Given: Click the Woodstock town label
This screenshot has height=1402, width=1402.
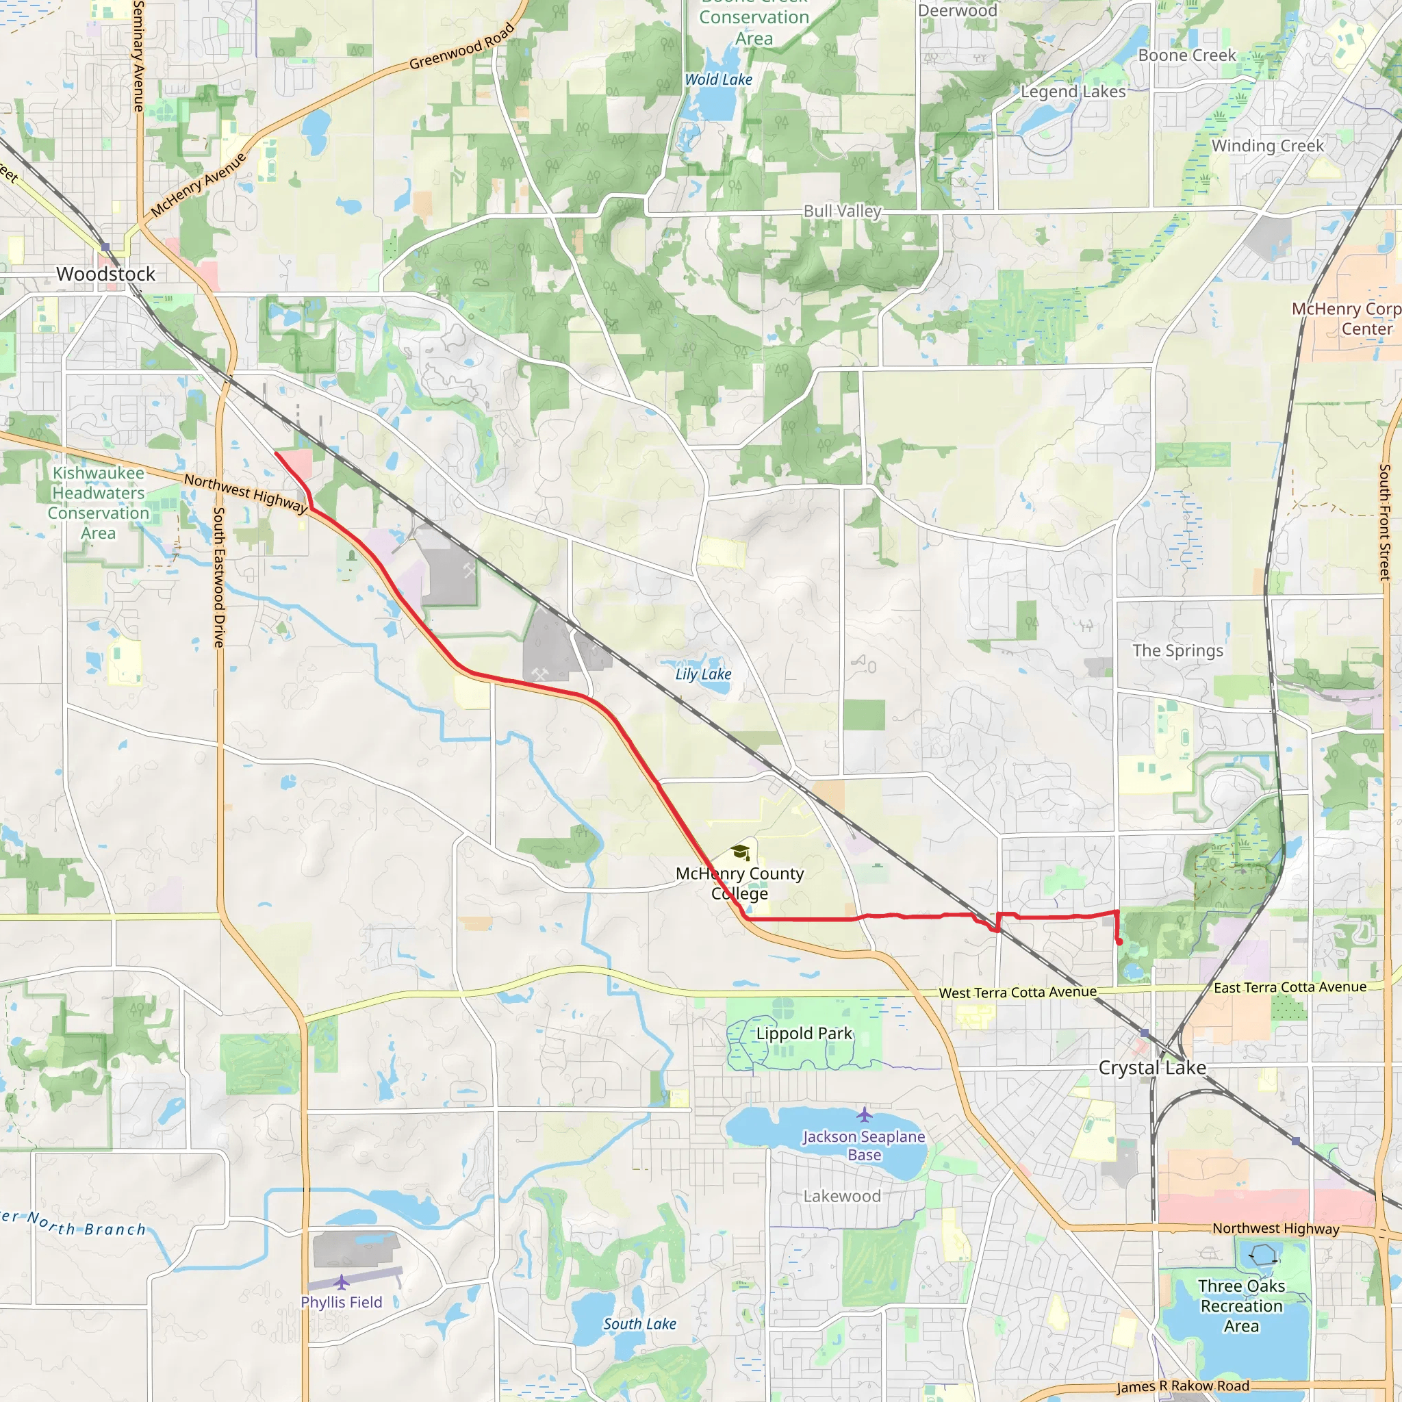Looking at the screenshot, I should [x=106, y=275].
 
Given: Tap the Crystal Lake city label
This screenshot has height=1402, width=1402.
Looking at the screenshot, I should [x=1151, y=1067].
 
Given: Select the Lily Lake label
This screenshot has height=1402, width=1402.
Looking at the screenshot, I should [x=702, y=674].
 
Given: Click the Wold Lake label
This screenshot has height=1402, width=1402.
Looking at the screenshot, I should [x=718, y=80].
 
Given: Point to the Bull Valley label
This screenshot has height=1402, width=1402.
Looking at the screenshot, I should [x=842, y=211].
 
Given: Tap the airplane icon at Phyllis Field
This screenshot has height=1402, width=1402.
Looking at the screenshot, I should [x=341, y=1282].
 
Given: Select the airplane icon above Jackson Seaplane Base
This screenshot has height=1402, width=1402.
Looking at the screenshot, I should [x=863, y=1113].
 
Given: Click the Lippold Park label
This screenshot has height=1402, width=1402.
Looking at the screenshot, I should [x=804, y=1033].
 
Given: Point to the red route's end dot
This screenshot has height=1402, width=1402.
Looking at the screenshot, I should [x=1120, y=942].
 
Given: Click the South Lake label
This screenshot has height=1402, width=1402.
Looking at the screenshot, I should [x=639, y=1324].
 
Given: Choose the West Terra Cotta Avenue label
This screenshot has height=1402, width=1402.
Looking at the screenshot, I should [x=1017, y=992].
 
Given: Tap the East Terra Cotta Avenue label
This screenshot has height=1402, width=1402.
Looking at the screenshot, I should [x=1290, y=987].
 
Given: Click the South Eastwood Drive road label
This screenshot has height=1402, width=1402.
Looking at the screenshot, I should [x=218, y=577].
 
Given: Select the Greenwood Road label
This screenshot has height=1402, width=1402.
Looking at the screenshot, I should [x=462, y=47].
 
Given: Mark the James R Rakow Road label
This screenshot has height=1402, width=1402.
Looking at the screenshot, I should [x=1183, y=1386].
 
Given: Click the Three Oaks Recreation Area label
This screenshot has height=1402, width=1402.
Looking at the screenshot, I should [x=1241, y=1305].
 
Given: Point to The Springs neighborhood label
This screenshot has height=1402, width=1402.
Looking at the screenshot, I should [x=1177, y=650].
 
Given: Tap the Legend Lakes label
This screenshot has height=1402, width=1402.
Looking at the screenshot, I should [x=1073, y=92].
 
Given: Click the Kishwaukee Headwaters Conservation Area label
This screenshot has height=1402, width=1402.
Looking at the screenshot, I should [x=98, y=502].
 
